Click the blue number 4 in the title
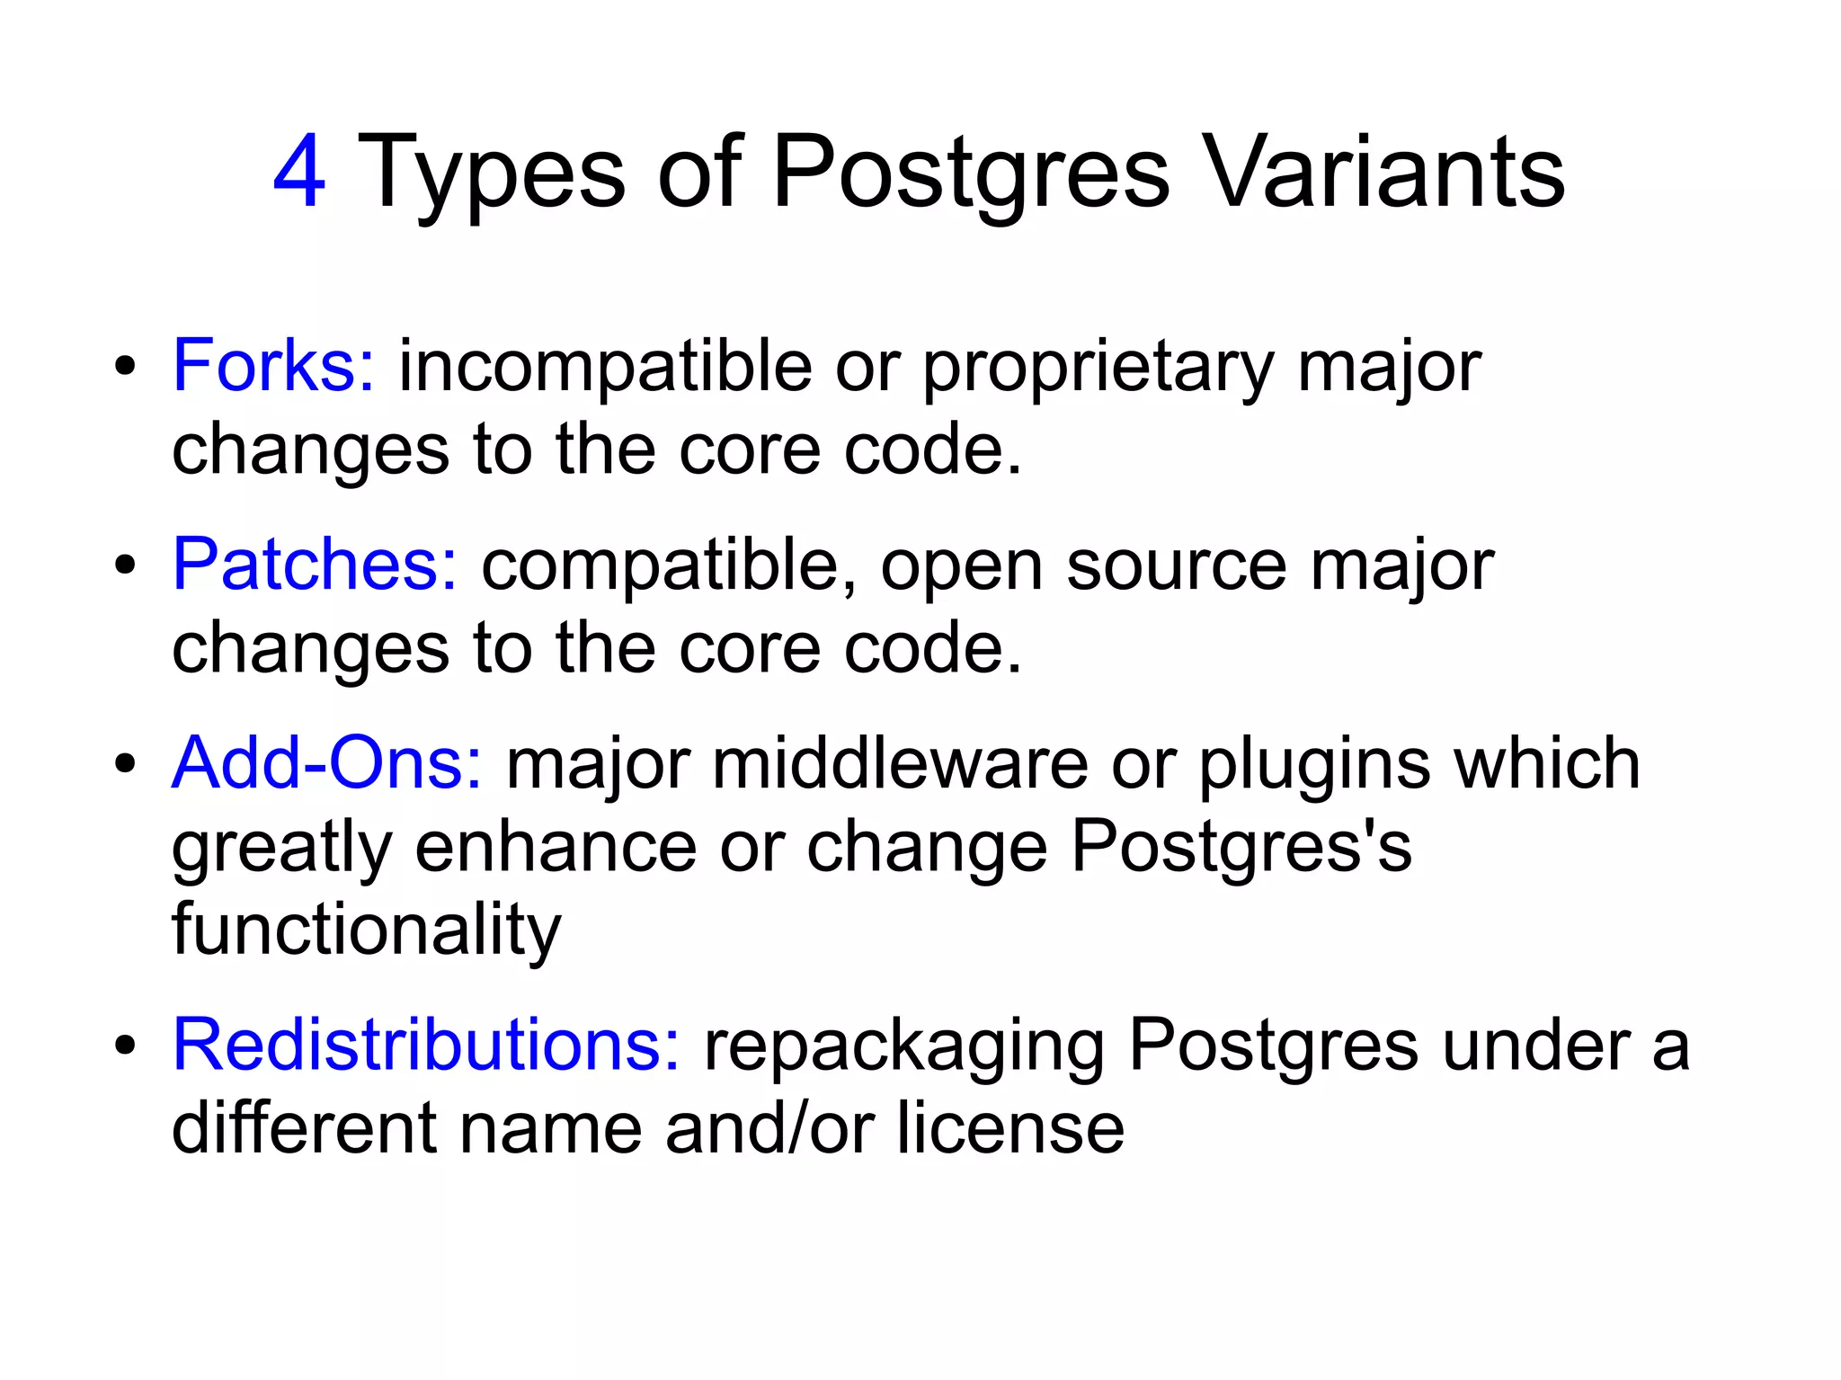pyautogui.click(x=298, y=171)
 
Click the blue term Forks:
pyautogui.click(x=273, y=365)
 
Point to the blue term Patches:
pyautogui.click(x=315, y=564)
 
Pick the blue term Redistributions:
pyautogui.click(x=426, y=1045)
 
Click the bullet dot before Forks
pyautogui.click(x=125, y=367)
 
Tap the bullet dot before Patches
pyautogui.click(x=125, y=565)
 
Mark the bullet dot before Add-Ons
pyautogui.click(x=125, y=765)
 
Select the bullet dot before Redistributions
pyautogui.click(x=125, y=1046)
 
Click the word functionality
pyautogui.click(x=367, y=931)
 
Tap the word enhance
pyautogui.click(x=556, y=847)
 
